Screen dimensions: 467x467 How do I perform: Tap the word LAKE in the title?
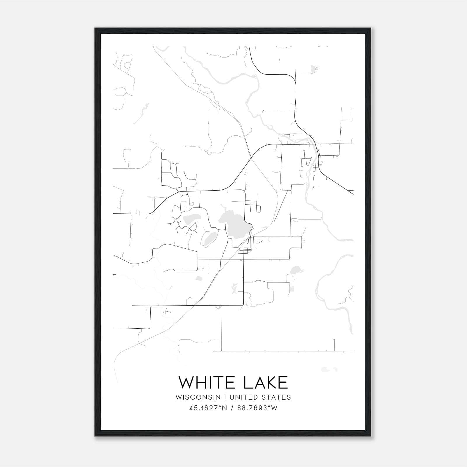pyautogui.click(x=265, y=383)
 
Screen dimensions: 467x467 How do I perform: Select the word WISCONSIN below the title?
pyautogui.click(x=200, y=397)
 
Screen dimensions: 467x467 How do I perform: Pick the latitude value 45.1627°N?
pyautogui.click(x=208, y=408)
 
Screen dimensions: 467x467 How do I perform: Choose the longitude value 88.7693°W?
pyautogui.click(x=257, y=408)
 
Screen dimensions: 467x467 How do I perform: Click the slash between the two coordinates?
pyautogui.click(x=232, y=408)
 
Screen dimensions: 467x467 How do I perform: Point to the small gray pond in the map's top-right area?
pyautogui.click(x=313, y=69)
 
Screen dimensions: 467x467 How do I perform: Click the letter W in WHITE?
pyautogui.click(x=186, y=383)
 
